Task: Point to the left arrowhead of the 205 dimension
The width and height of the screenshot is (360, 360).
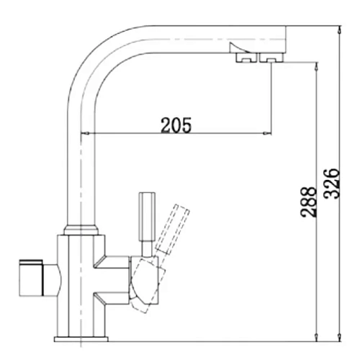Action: point(89,133)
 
